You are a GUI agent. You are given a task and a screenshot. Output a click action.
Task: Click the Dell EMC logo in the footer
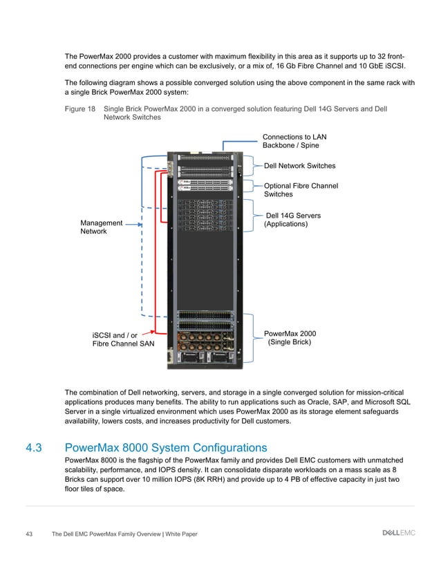(398, 533)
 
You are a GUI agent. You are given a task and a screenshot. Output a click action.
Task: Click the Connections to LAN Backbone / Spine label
(290, 140)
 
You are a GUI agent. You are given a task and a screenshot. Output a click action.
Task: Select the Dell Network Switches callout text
(301, 166)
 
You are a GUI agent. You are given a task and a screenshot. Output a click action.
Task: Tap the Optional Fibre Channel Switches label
(301, 190)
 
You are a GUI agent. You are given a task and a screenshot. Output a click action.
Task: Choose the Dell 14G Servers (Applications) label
(293, 221)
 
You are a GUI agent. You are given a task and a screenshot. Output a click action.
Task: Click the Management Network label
(101, 227)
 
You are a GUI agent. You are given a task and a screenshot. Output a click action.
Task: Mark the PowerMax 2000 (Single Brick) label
(290, 338)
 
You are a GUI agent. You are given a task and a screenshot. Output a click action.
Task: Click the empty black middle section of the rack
(208, 270)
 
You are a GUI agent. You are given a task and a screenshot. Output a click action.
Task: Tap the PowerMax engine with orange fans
(207, 341)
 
